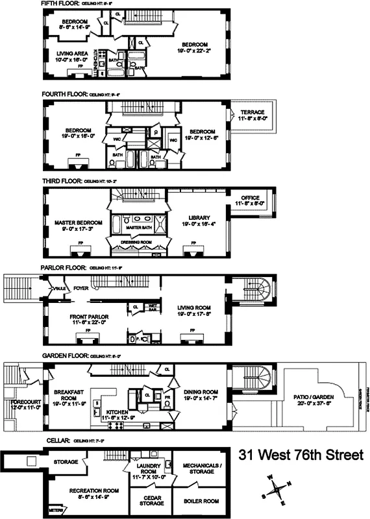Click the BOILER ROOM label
coord(201,500)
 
